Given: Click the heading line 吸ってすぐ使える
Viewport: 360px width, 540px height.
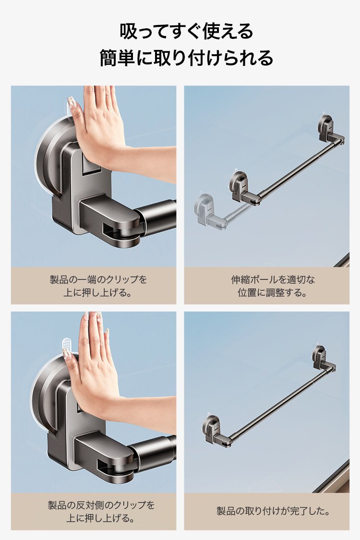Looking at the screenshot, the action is pyautogui.click(x=186, y=31).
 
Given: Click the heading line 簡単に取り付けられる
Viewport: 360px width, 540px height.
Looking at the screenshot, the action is pyautogui.click(x=186, y=58).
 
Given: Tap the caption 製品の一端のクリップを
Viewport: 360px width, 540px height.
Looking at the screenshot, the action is pyautogui.click(x=98, y=279).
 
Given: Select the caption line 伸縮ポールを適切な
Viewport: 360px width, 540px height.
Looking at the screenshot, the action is pyautogui.click(x=273, y=279).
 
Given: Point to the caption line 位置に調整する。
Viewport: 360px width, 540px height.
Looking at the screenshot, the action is pyautogui.click(x=272, y=293).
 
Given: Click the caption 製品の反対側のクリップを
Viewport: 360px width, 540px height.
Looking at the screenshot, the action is pyautogui.click(x=101, y=505).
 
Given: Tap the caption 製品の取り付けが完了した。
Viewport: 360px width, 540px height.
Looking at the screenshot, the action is pyautogui.click(x=273, y=511).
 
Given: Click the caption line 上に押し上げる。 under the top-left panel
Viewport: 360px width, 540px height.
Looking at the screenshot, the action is pyautogui.click(x=98, y=293).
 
